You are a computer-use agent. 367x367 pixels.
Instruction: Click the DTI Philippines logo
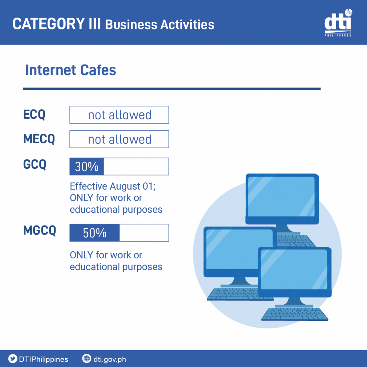tap(338, 23)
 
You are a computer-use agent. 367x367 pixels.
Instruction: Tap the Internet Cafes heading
tap(71, 70)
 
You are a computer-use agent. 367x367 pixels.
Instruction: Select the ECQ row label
tap(34, 114)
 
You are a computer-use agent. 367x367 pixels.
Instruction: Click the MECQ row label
tap(39, 139)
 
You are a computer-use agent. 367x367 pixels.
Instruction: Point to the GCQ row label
tap(35, 164)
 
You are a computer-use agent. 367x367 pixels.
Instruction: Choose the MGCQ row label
tap(39, 230)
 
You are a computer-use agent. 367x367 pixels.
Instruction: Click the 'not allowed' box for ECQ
tap(119, 115)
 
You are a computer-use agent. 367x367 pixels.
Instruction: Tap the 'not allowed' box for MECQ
tap(119, 139)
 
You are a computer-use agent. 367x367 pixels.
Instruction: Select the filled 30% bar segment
tap(87, 166)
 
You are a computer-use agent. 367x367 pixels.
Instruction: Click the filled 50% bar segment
tap(95, 233)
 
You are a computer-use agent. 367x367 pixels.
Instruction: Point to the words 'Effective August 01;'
tap(113, 186)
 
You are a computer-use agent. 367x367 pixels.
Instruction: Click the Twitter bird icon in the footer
tap(13, 358)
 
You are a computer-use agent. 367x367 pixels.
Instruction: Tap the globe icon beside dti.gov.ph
tap(87, 358)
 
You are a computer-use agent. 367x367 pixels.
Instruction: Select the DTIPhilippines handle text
tap(43, 359)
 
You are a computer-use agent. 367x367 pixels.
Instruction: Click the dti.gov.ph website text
tap(110, 359)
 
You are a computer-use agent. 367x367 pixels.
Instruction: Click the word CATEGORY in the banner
tap(49, 24)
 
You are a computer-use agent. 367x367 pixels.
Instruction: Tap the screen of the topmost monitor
tap(281, 196)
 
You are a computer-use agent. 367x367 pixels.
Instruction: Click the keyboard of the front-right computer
tap(295, 314)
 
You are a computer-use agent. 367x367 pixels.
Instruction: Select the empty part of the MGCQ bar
tap(144, 233)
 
